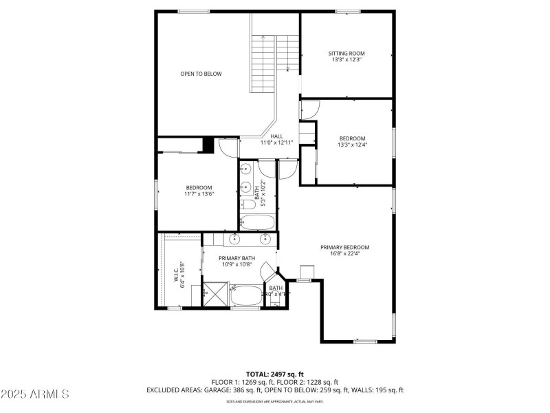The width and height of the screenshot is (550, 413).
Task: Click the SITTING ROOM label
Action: (x=346, y=53)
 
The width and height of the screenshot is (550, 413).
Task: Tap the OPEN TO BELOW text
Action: (x=201, y=74)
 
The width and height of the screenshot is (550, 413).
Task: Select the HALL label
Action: (x=276, y=136)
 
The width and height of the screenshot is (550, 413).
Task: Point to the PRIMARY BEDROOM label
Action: (x=344, y=247)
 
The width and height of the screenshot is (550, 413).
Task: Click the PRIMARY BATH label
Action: (x=236, y=258)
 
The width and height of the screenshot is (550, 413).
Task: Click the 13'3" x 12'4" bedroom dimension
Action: (x=351, y=145)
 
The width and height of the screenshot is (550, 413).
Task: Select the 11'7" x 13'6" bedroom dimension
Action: (x=199, y=194)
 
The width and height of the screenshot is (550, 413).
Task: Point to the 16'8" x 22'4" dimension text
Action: (x=344, y=253)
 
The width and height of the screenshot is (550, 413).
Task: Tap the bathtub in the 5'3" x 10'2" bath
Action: (x=257, y=222)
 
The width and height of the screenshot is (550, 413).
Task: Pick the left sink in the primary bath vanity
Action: (x=234, y=239)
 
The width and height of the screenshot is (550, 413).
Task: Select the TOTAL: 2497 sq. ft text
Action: (x=275, y=373)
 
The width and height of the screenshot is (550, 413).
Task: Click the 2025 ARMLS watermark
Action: (x=35, y=394)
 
